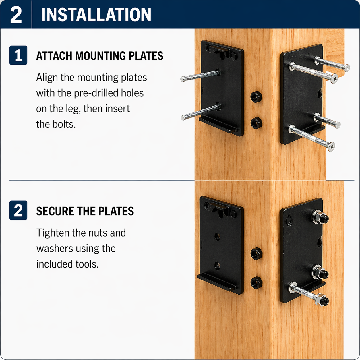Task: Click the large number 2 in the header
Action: coord(16,15)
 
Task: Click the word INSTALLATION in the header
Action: coord(96,15)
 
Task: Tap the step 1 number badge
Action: coord(18,55)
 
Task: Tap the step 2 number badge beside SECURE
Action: coord(18,210)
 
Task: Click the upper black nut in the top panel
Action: coord(256,97)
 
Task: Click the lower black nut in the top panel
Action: coord(256,123)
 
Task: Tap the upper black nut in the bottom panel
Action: coord(256,253)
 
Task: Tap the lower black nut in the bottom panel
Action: coord(256,283)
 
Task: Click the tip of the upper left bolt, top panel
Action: coord(183,79)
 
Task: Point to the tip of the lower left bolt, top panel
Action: coord(183,117)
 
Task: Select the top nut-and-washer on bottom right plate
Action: coord(319,217)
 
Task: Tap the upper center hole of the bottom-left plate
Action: coord(218,237)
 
